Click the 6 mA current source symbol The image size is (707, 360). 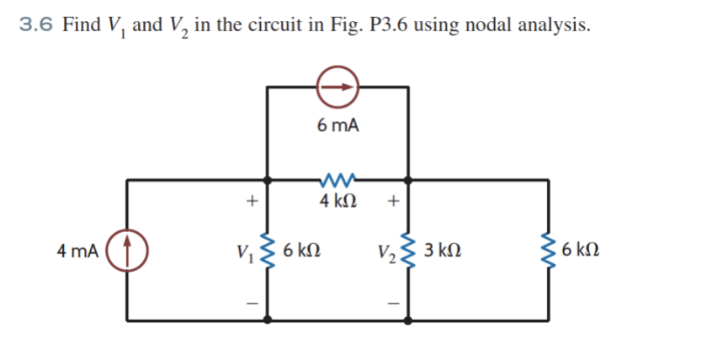[x=338, y=86]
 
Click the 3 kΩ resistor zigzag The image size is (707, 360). [x=410, y=250]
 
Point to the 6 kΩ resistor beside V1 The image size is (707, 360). [x=269, y=250]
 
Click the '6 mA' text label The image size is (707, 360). [x=338, y=126]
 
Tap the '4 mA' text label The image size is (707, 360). [x=77, y=250]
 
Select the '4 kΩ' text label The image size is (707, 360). [x=338, y=202]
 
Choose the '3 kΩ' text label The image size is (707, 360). [x=443, y=250]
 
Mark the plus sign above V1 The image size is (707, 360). [x=248, y=202]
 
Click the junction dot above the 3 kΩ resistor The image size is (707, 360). [x=410, y=179]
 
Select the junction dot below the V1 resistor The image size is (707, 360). [x=269, y=320]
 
